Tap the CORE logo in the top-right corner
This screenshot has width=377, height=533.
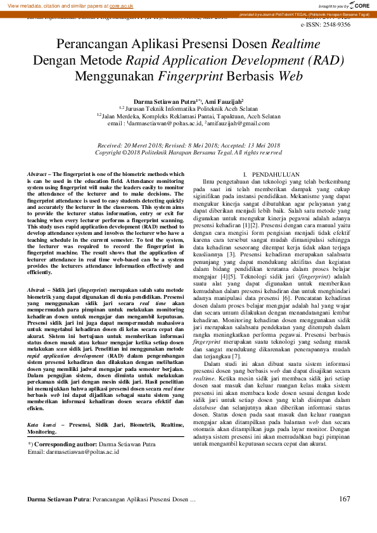click(x=359, y=5)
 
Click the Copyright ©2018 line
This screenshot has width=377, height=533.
click(x=188, y=153)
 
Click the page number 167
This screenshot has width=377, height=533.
click(x=345, y=499)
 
